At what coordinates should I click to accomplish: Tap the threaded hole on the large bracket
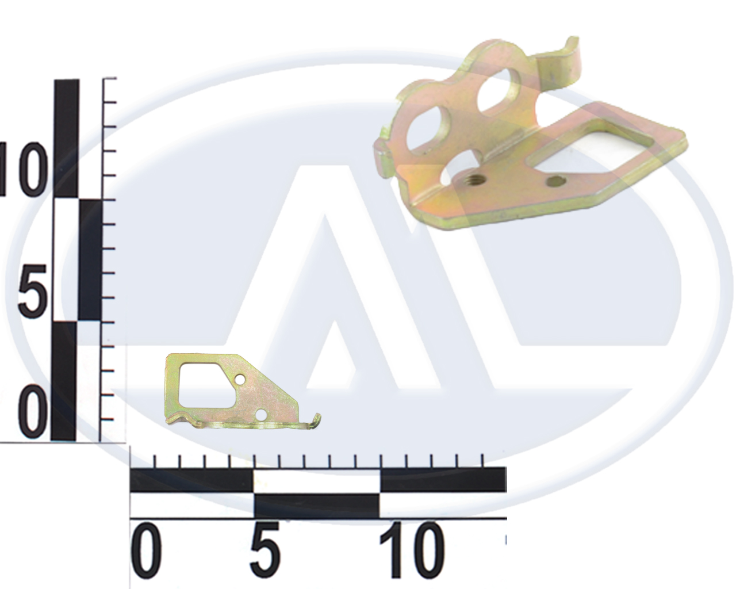[477, 179]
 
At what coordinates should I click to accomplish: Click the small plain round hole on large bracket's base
[556, 181]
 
